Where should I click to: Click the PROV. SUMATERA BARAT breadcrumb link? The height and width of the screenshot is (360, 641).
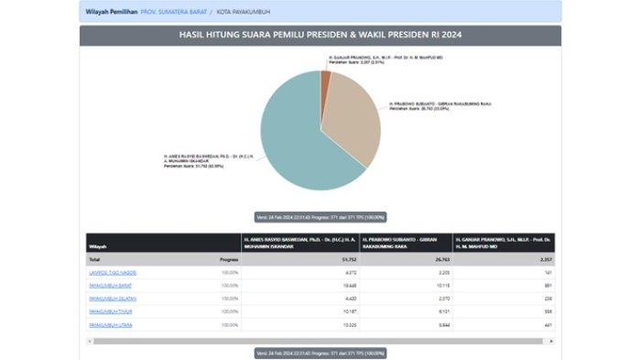[x=172, y=12]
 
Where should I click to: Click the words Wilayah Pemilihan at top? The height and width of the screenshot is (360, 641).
[x=111, y=12]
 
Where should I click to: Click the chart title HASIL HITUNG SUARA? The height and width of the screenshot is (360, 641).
[x=320, y=36]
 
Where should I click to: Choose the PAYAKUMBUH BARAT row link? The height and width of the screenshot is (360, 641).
[x=111, y=286]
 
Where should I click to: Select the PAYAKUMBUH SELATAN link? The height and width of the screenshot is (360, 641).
[x=113, y=299]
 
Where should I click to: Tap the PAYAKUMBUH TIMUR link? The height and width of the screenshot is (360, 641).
[x=110, y=311]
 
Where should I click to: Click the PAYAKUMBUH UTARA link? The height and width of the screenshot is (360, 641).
[x=110, y=324]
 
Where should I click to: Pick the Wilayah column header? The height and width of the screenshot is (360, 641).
[x=97, y=246]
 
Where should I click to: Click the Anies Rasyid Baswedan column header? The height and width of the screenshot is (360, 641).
[x=298, y=243]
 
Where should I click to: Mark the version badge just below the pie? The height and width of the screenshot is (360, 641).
[x=320, y=217]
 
